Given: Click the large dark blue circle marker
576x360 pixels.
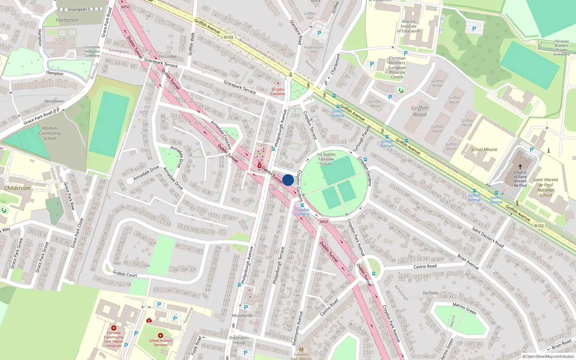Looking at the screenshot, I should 288,180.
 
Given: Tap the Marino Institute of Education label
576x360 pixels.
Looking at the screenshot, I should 409,26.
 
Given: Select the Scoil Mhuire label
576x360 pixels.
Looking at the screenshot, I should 484,149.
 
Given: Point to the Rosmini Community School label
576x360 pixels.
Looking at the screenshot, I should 50,133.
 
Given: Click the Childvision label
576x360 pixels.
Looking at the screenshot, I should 17,188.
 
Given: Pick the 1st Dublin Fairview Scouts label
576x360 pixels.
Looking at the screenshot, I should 326,159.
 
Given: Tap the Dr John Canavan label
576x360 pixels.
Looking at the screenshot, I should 278,91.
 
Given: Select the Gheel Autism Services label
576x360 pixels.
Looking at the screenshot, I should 161,342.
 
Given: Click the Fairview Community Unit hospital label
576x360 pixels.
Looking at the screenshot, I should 114,339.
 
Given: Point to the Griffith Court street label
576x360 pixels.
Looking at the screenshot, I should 125,274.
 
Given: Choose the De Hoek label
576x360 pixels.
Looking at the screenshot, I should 431,293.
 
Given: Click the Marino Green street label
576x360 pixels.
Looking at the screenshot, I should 464,309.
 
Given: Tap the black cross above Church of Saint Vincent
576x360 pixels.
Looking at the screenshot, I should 520,167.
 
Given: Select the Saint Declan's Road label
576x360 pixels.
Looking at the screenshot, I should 488,237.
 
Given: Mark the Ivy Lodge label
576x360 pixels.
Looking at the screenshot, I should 168,56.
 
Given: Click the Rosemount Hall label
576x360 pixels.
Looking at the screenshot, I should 314,49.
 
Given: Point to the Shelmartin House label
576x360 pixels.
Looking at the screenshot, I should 239,340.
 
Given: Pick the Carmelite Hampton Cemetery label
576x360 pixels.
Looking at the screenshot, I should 92,51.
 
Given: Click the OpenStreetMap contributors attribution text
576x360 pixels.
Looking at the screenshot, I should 550,357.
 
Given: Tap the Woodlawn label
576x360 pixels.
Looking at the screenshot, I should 54,101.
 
